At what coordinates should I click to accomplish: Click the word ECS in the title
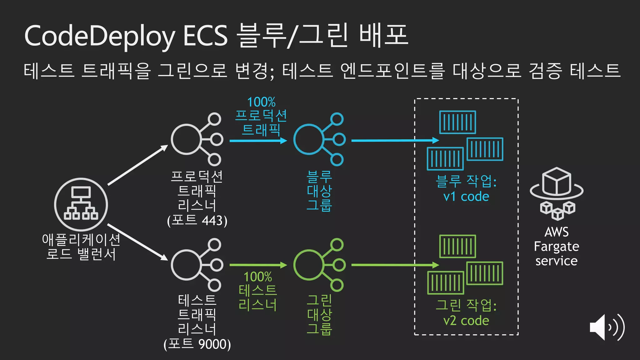[x=205, y=36]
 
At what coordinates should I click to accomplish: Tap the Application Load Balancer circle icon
[x=81, y=204]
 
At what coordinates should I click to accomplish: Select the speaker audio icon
[x=607, y=327]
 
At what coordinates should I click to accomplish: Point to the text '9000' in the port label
[x=212, y=344]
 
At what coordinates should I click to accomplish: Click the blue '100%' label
[x=261, y=102]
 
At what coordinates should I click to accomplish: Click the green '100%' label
[x=258, y=277]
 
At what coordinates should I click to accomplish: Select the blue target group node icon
[x=319, y=139]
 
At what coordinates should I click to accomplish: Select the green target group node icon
[x=319, y=265]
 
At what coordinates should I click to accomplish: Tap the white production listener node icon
[x=197, y=139]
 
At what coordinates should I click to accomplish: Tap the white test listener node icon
[x=197, y=265]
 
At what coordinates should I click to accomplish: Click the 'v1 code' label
[x=466, y=197]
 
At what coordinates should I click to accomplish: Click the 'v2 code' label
[x=466, y=321]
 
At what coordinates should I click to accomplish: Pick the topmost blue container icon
[x=457, y=122]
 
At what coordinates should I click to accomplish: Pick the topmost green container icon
[x=457, y=246]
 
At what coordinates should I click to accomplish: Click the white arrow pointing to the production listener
[x=137, y=165]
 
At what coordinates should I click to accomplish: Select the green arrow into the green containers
[x=395, y=265]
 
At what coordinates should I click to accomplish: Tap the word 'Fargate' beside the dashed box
[x=557, y=247]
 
